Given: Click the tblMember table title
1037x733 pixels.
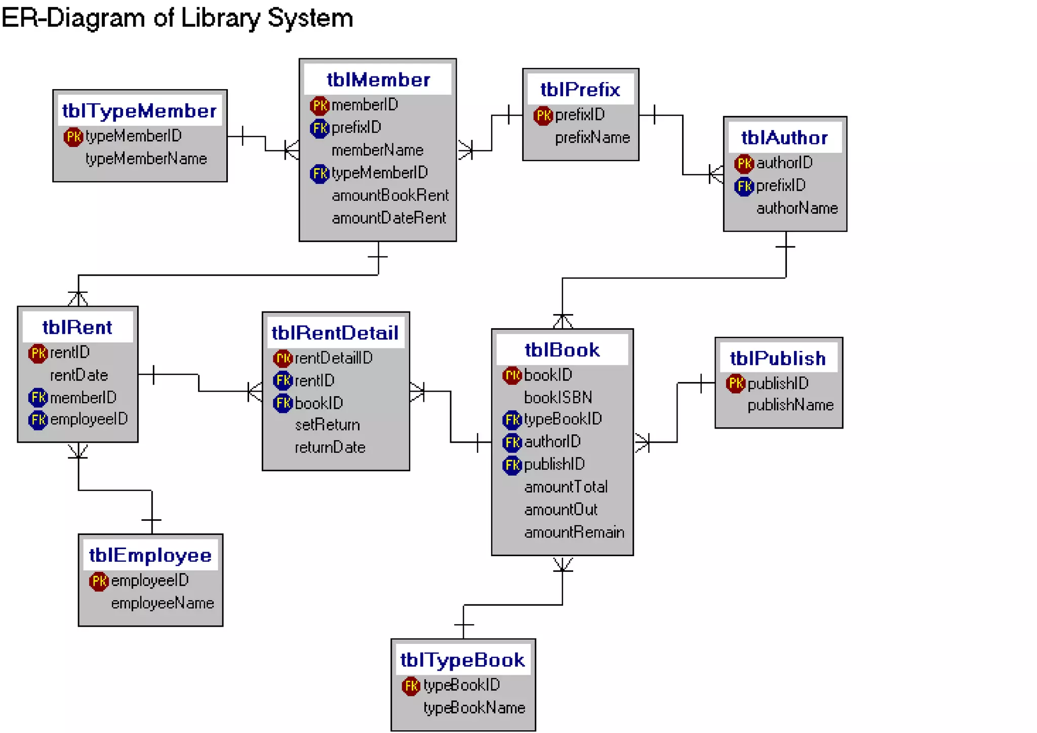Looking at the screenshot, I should pos(378,80).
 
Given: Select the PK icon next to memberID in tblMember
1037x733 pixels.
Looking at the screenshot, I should pos(319,105).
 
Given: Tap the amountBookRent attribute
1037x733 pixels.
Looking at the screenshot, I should pos(390,196).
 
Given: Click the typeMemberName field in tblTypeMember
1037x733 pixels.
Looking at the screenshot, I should pos(146,159).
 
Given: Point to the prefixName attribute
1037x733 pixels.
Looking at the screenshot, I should pos(592,138).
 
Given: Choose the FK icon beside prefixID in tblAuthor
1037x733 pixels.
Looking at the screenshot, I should pos(743,186).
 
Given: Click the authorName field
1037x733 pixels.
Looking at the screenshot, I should pos(796,208).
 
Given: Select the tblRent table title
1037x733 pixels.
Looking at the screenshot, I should pos(77,327).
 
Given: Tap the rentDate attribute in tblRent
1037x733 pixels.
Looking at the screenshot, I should pos(79,375).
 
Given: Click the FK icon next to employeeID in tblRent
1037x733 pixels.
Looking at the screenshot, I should pos(37,420).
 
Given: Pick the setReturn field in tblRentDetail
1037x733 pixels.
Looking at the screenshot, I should pos(327,425).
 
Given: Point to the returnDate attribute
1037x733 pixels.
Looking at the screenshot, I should pos(330,447).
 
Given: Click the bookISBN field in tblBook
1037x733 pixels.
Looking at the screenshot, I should pos(557,398).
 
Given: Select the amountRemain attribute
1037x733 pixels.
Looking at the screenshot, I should pos(574,532).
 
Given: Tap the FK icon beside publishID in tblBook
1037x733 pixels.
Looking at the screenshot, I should pos(511,465).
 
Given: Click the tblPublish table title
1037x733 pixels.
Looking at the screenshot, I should pos(777,359).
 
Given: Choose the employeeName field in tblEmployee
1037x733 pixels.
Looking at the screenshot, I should pos(162,603).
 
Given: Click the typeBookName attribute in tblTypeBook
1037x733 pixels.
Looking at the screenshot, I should pos(474,708).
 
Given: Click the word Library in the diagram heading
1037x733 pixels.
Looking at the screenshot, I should pos(219,18).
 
